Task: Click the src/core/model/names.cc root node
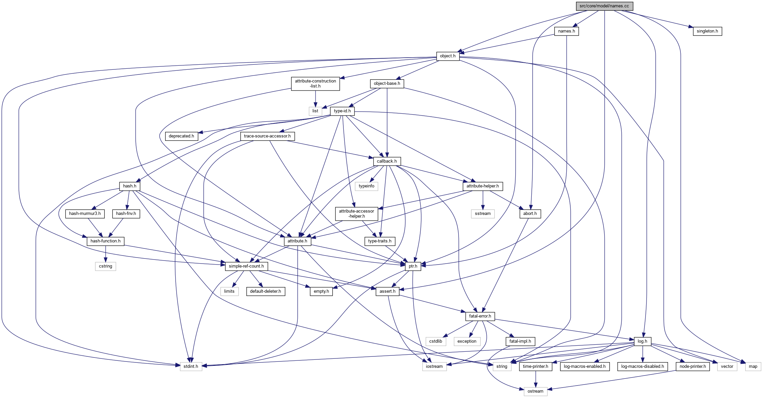coord(604,6)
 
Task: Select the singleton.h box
coord(707,31)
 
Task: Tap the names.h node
coord(566,31)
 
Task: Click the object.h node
coord(447,56)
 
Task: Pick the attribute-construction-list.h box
coord(315,83)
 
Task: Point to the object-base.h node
coord(387,83)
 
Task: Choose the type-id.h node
coord(342,111)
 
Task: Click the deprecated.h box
coord(181,136)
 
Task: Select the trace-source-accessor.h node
coord(267,136)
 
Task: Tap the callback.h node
coord(387,161)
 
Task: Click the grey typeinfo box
coord(366,186)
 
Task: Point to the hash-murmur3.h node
coord(85,214)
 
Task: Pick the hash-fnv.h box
coord(126,214)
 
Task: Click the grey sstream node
coord(483,214)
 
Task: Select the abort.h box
coord(530,214)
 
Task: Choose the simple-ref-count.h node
coord(246,266)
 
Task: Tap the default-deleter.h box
coord(265,291)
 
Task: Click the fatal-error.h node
coord(480,316)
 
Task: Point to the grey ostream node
coord(535,391)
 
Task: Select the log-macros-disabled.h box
coord(642,366)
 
